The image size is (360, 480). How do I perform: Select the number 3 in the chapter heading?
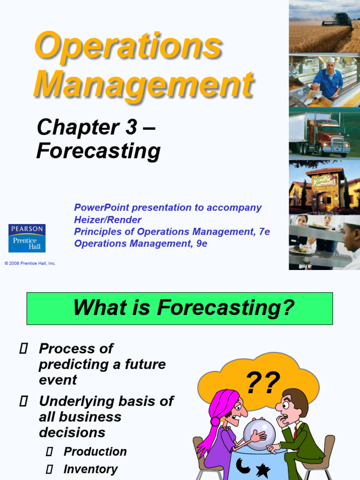131,127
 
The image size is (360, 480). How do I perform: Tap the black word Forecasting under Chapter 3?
98,151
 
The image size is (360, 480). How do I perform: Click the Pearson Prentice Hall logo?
27,238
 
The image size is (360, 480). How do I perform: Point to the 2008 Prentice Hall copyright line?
30,263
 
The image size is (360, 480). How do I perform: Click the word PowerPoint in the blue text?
101,207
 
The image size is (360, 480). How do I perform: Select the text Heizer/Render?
107,219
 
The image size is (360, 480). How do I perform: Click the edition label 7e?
264,232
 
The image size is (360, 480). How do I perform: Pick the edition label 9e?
202,244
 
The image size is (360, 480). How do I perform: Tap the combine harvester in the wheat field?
337,21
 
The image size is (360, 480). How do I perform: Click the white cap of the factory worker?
330,60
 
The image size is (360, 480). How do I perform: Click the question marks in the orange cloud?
263,382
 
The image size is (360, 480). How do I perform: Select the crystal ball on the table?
258,434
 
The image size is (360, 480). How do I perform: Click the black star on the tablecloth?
262,471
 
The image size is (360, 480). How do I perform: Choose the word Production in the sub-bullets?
95,451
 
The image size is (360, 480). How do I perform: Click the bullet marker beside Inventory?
50,469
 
